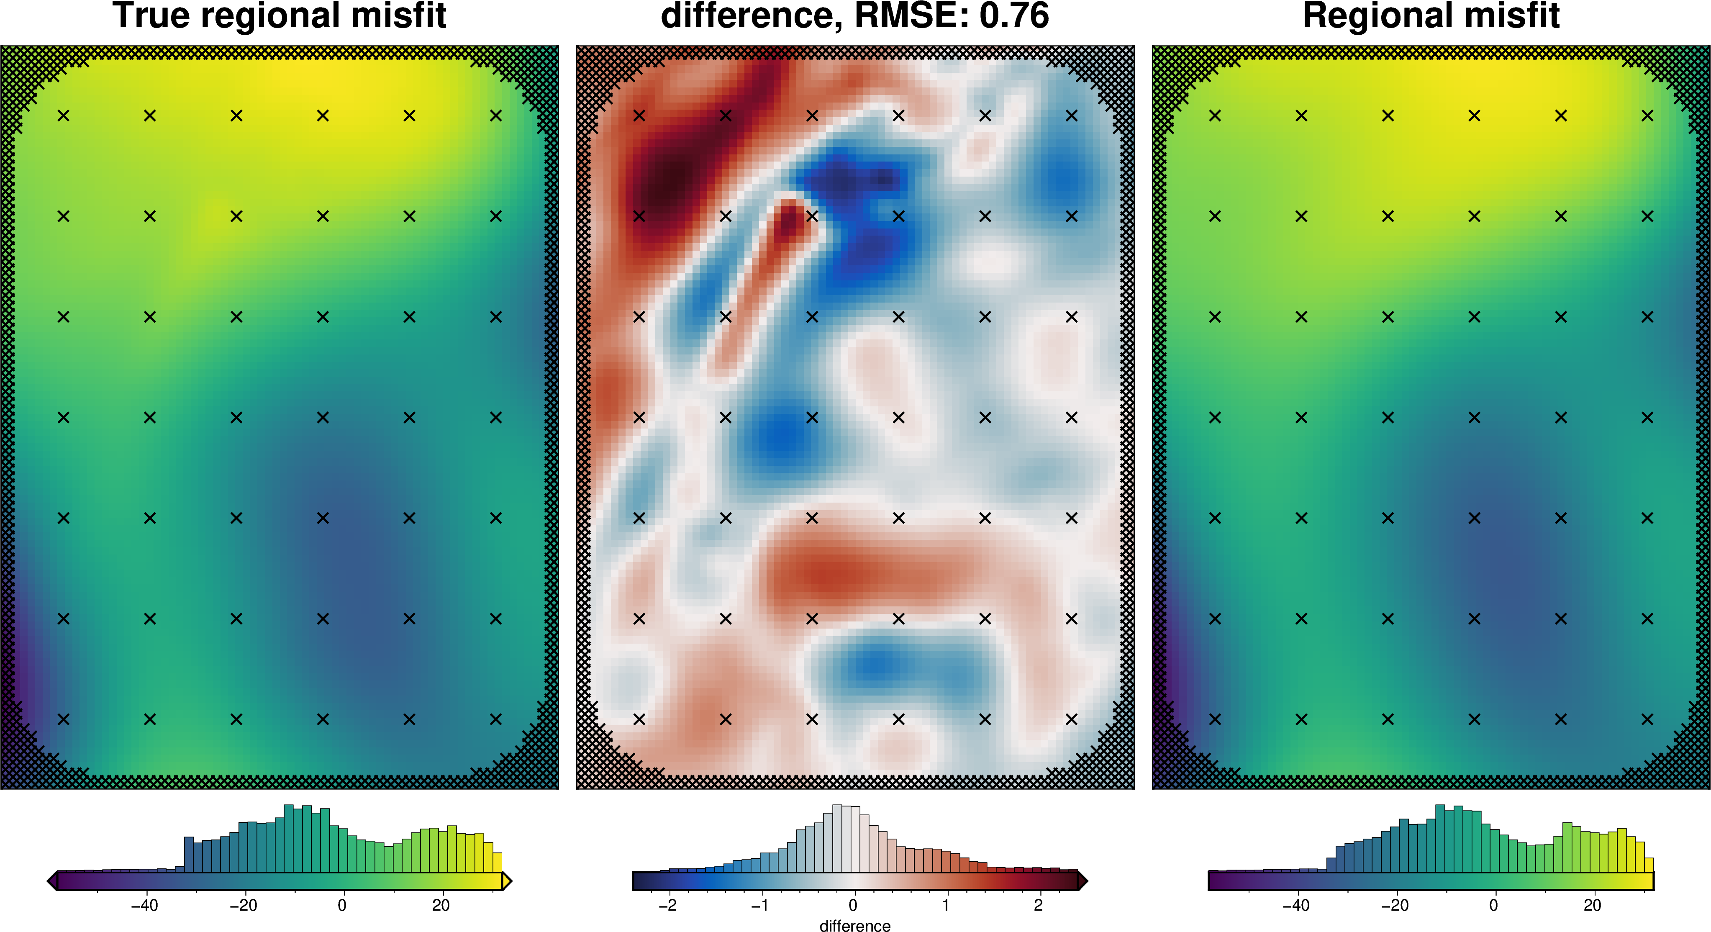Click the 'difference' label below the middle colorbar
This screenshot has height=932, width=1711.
(x=855, y=925)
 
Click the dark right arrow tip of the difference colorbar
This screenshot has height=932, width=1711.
(x=1083, y=881)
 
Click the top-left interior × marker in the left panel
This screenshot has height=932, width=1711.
(x=63, y=116)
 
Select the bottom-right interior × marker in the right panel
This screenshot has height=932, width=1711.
(x=1647, y=719)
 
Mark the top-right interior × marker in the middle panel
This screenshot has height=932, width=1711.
(x=1071, y=116)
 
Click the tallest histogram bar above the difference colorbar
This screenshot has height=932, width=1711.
(x=838, y=838)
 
